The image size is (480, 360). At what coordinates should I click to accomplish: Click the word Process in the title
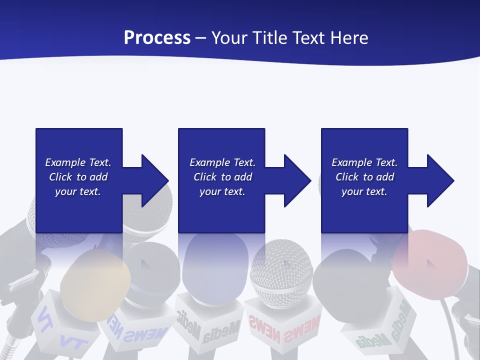(157, 38)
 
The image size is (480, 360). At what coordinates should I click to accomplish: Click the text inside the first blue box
(78, 177)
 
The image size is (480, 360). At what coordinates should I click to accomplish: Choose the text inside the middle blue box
(222, 177)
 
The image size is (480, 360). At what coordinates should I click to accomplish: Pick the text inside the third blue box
(364, 177)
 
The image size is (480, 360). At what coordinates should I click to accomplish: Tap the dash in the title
(201, 38)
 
